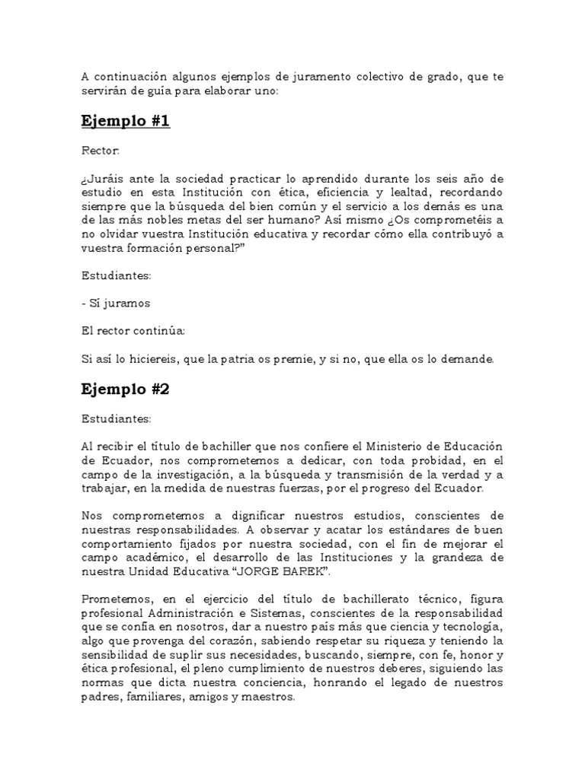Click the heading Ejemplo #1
(125, 122)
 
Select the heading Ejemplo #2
(125, 389)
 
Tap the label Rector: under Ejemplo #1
(100, 151)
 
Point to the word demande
(471, 358)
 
